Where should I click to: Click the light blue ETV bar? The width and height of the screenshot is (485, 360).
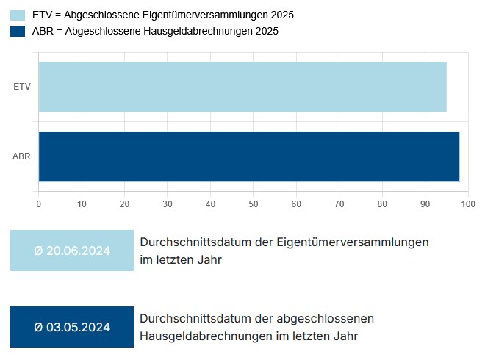point(242,87)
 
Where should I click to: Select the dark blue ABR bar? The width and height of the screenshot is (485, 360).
point(248,156)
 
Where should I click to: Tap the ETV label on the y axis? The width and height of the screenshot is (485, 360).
point(22,87)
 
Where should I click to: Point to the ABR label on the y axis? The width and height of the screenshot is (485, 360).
point(21,156)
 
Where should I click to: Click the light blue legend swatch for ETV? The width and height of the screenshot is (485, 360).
point(18,15)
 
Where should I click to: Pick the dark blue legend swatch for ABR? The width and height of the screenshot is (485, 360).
point(18,31)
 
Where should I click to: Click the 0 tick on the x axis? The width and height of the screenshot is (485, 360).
point(39,204)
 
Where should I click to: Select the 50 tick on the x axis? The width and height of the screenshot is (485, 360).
point(254,204)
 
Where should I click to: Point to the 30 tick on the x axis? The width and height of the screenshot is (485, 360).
point(168,204)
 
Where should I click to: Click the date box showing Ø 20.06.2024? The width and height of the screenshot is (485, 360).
point(72,251)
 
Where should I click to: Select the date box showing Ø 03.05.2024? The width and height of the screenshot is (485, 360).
point(72,327)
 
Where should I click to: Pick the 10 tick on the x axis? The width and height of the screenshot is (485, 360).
point(82,204)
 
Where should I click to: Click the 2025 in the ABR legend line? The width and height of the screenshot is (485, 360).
point(266,31)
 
